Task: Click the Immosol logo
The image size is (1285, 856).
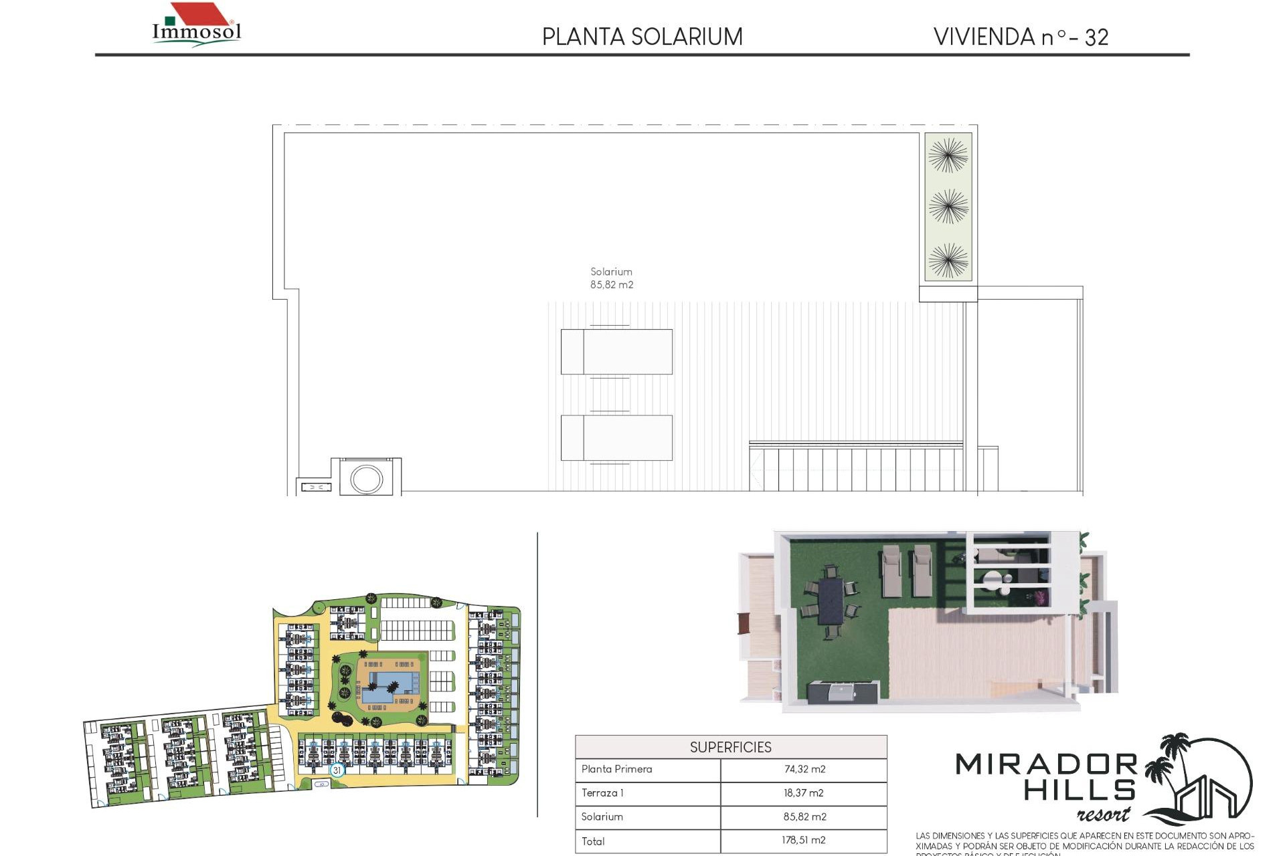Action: point(196,25)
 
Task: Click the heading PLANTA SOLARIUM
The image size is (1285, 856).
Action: point(642,37)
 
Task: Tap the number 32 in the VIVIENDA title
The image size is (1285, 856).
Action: point(1096,37)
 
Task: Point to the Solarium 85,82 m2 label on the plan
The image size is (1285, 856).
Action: point(611,278)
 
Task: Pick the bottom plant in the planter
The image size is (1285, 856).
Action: point(948,259)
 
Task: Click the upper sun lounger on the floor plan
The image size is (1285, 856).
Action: point(616,351)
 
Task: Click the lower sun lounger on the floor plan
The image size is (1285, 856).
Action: point(616,437)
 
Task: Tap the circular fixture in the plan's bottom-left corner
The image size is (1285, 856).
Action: point(366,479)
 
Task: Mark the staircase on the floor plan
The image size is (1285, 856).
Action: point(857,468)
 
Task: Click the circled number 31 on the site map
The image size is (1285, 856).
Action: point(337,770)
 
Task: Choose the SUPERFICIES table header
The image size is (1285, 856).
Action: point(730,747)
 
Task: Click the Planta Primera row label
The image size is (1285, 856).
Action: point(616,769)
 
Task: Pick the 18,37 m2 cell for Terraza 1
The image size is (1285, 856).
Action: point(804,793)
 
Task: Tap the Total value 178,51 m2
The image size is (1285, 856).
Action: point(804,841)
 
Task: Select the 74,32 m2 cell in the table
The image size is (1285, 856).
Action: point(804,769)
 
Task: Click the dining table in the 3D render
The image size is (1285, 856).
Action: point(831,601)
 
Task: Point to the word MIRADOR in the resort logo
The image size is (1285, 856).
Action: point(1045,764)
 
